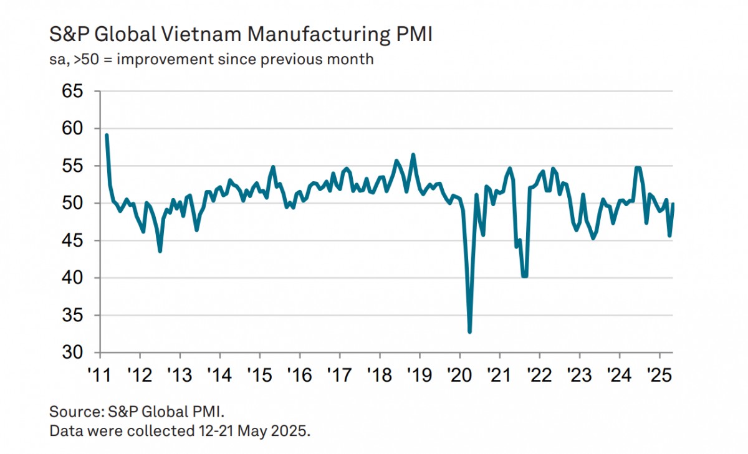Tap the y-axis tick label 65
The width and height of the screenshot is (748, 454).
[72, 92]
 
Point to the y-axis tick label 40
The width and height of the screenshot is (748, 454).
[72, 278]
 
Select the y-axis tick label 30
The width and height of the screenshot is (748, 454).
[72, 352]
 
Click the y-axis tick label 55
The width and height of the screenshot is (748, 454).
[72, 166]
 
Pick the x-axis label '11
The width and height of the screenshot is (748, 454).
[99, 376]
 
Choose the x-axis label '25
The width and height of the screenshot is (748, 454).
[659, 376]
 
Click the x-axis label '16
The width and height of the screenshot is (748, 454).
[299, 376]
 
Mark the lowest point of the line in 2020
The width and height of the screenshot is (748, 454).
[469, 332]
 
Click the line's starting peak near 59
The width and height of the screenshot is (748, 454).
[107, 135]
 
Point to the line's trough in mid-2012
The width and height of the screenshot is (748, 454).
[160, 251]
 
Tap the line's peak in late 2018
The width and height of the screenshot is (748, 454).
[413, 154]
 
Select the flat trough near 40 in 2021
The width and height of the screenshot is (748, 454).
[524, 276]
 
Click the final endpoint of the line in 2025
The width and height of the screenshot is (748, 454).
[673, 204]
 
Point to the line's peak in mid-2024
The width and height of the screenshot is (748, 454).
[637, 168]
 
